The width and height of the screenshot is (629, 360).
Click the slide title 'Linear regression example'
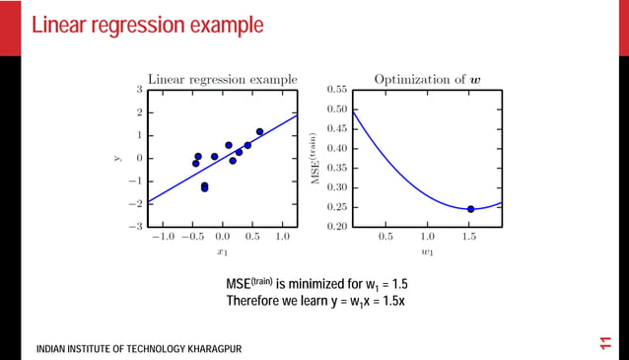click(148, 25)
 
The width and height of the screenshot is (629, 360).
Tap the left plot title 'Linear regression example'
click(222, 79)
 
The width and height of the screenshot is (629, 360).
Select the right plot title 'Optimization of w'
click(428, 79)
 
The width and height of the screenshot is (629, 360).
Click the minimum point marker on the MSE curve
click(470, 209)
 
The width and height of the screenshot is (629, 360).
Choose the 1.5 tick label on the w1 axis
click(469, 238)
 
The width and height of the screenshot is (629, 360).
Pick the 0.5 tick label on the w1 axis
click(385, 238)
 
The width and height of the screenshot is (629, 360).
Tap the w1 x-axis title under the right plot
click(427, 252)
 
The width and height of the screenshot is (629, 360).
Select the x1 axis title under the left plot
click(222, 252)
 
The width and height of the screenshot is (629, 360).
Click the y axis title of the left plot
click(116, 158)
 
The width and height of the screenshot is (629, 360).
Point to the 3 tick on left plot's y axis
click(139, 90)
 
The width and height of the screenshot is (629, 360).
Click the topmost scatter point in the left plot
click(259, 131)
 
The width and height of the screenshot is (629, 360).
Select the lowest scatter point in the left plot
click(204, 187)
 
